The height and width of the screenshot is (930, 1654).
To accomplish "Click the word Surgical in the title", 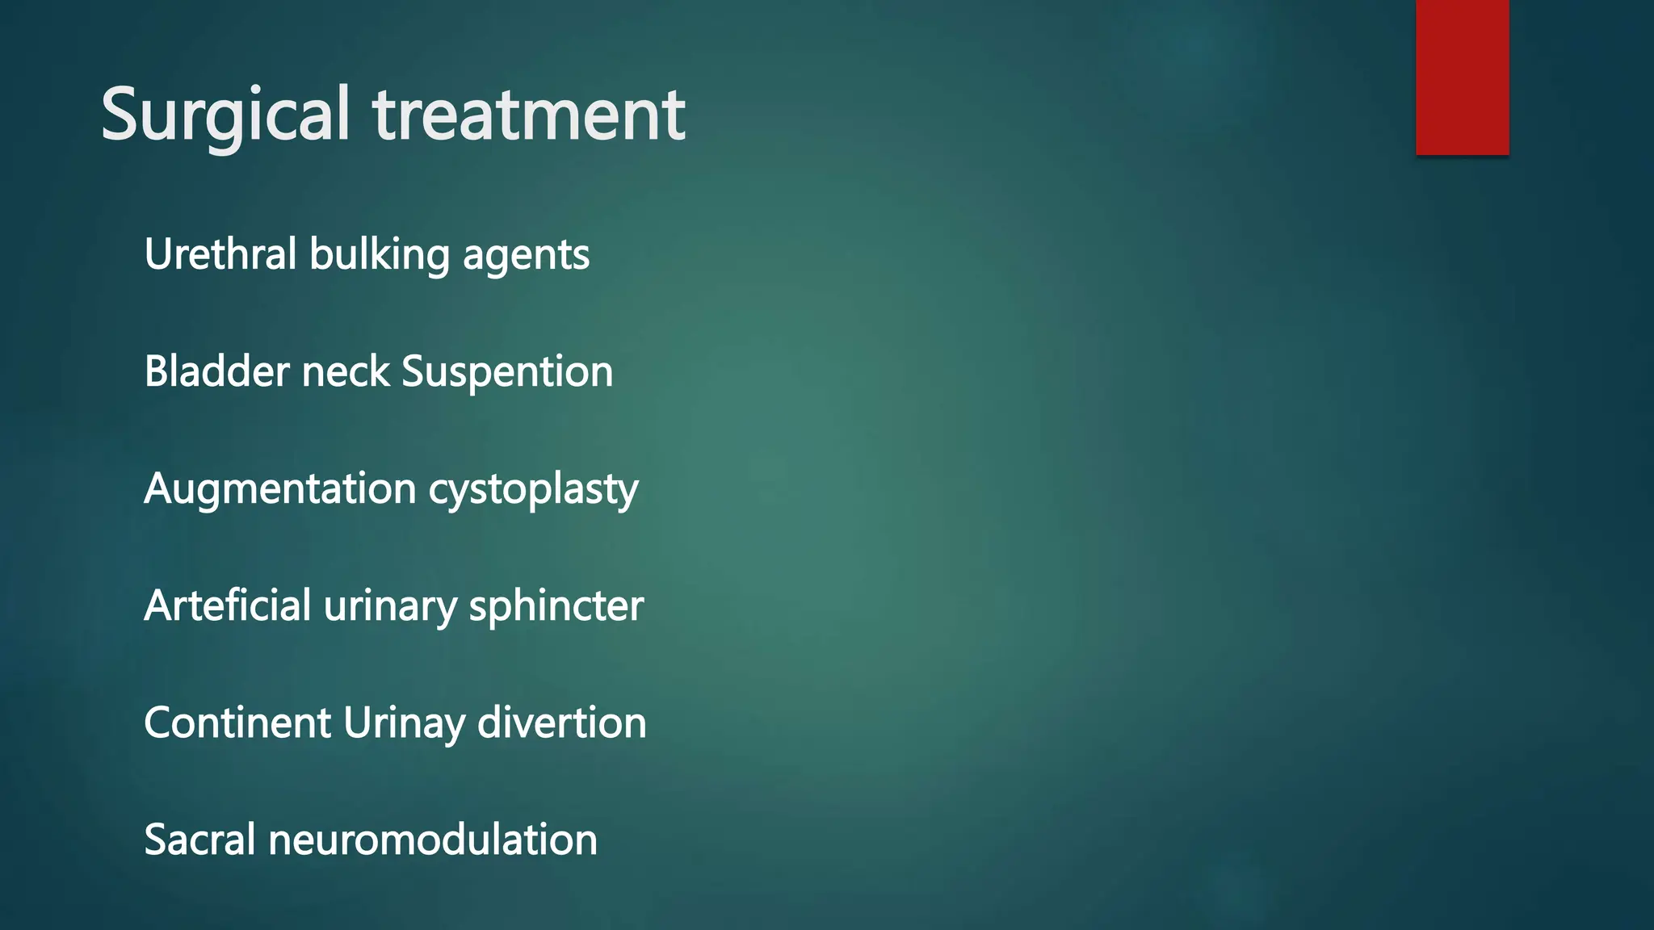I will pyautogui.click(x=225, y=115).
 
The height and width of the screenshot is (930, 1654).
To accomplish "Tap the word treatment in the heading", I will pyautogui.click(x=529, y=115).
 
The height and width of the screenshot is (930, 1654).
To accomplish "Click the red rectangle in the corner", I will pyautogui.click(x=1462, y=77).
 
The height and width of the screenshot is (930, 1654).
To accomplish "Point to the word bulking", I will pyautogui.click(x=380, y=254).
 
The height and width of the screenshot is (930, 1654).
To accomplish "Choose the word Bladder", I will pyautogui.click(x=216, y=371).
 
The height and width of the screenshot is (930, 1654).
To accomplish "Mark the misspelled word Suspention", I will pyautogui.click(x=507, y=373).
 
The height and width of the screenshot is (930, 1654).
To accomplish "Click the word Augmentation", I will pyautogui.click(x=280, y=489).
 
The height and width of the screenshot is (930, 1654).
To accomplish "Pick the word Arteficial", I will pyautogui.click(x=228, y=605).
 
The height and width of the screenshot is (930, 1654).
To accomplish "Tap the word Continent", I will pyautogui.click(x=237, y=723).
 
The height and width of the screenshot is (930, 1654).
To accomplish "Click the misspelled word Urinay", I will pyautogui.click(x=404, y=724).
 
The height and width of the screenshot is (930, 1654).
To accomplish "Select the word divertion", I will pyautogui.click(x=562, y=723).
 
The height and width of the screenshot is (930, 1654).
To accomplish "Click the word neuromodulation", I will pyautogui.click(x=433, y=840).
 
